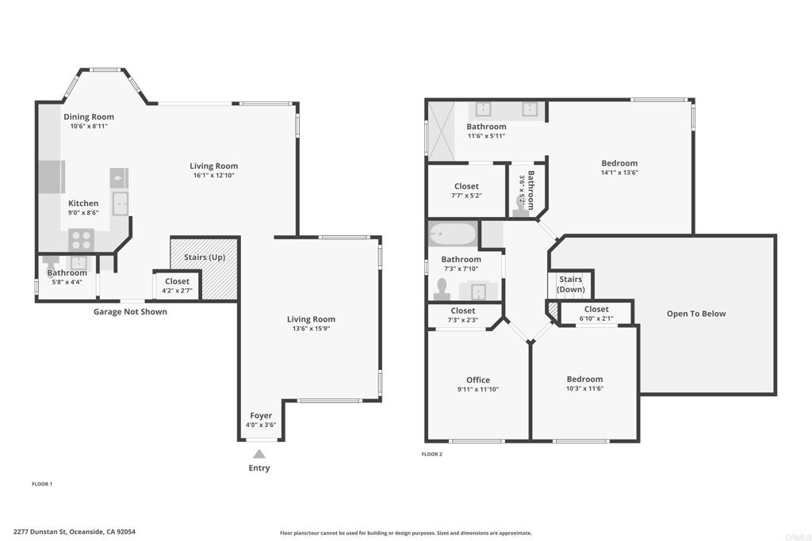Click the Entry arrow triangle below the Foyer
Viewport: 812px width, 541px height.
click(x=259, y=454)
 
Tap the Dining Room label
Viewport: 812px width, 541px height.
click(x=89, y=117)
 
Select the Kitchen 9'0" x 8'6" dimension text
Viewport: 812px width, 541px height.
click(x=83, y=212)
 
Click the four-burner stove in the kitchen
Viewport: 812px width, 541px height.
click(x=82, y=240)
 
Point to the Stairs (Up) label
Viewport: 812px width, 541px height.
click(x=205, y=257)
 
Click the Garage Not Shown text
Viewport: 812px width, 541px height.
click(x=130, y=311)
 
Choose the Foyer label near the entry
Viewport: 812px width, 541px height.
click(x=261, y=415)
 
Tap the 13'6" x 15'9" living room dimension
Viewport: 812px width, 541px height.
click(x=311, y=329)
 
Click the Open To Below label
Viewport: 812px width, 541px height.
click(x=696, y=314)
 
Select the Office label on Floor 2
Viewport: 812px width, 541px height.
click(x=478, y=379)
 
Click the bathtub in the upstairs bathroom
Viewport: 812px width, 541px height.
click(x=452, y=234)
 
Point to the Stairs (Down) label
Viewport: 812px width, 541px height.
click(x=571, y=284)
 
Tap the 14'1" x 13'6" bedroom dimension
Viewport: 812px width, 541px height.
click(x=619, y=173)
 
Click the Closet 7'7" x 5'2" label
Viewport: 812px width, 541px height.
click(x=466, y=186)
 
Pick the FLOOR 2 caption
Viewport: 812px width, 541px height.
click(x=432, y=454)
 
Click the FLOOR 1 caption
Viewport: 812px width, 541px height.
click(x=42, y=484)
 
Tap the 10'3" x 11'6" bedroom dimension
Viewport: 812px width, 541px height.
click(x=584, y=388)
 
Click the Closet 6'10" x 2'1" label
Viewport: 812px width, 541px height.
click(x=596, y=309)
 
